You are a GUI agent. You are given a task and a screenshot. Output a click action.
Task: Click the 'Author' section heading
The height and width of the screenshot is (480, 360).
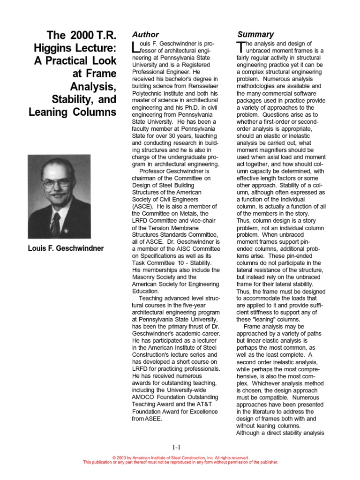(x=145, y=35)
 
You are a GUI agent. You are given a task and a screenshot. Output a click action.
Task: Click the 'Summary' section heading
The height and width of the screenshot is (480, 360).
(x=255, y=35)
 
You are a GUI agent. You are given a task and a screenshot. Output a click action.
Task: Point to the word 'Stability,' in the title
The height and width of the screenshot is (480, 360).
(x=70, y=99)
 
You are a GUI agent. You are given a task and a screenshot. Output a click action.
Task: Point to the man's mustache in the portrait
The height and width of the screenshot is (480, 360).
(x=58, y=193)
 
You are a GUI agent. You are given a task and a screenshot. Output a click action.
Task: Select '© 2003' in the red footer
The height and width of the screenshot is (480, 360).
(x=121, y=458)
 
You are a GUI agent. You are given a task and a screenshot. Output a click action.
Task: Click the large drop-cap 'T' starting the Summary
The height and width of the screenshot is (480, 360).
(x=241, y=47)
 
